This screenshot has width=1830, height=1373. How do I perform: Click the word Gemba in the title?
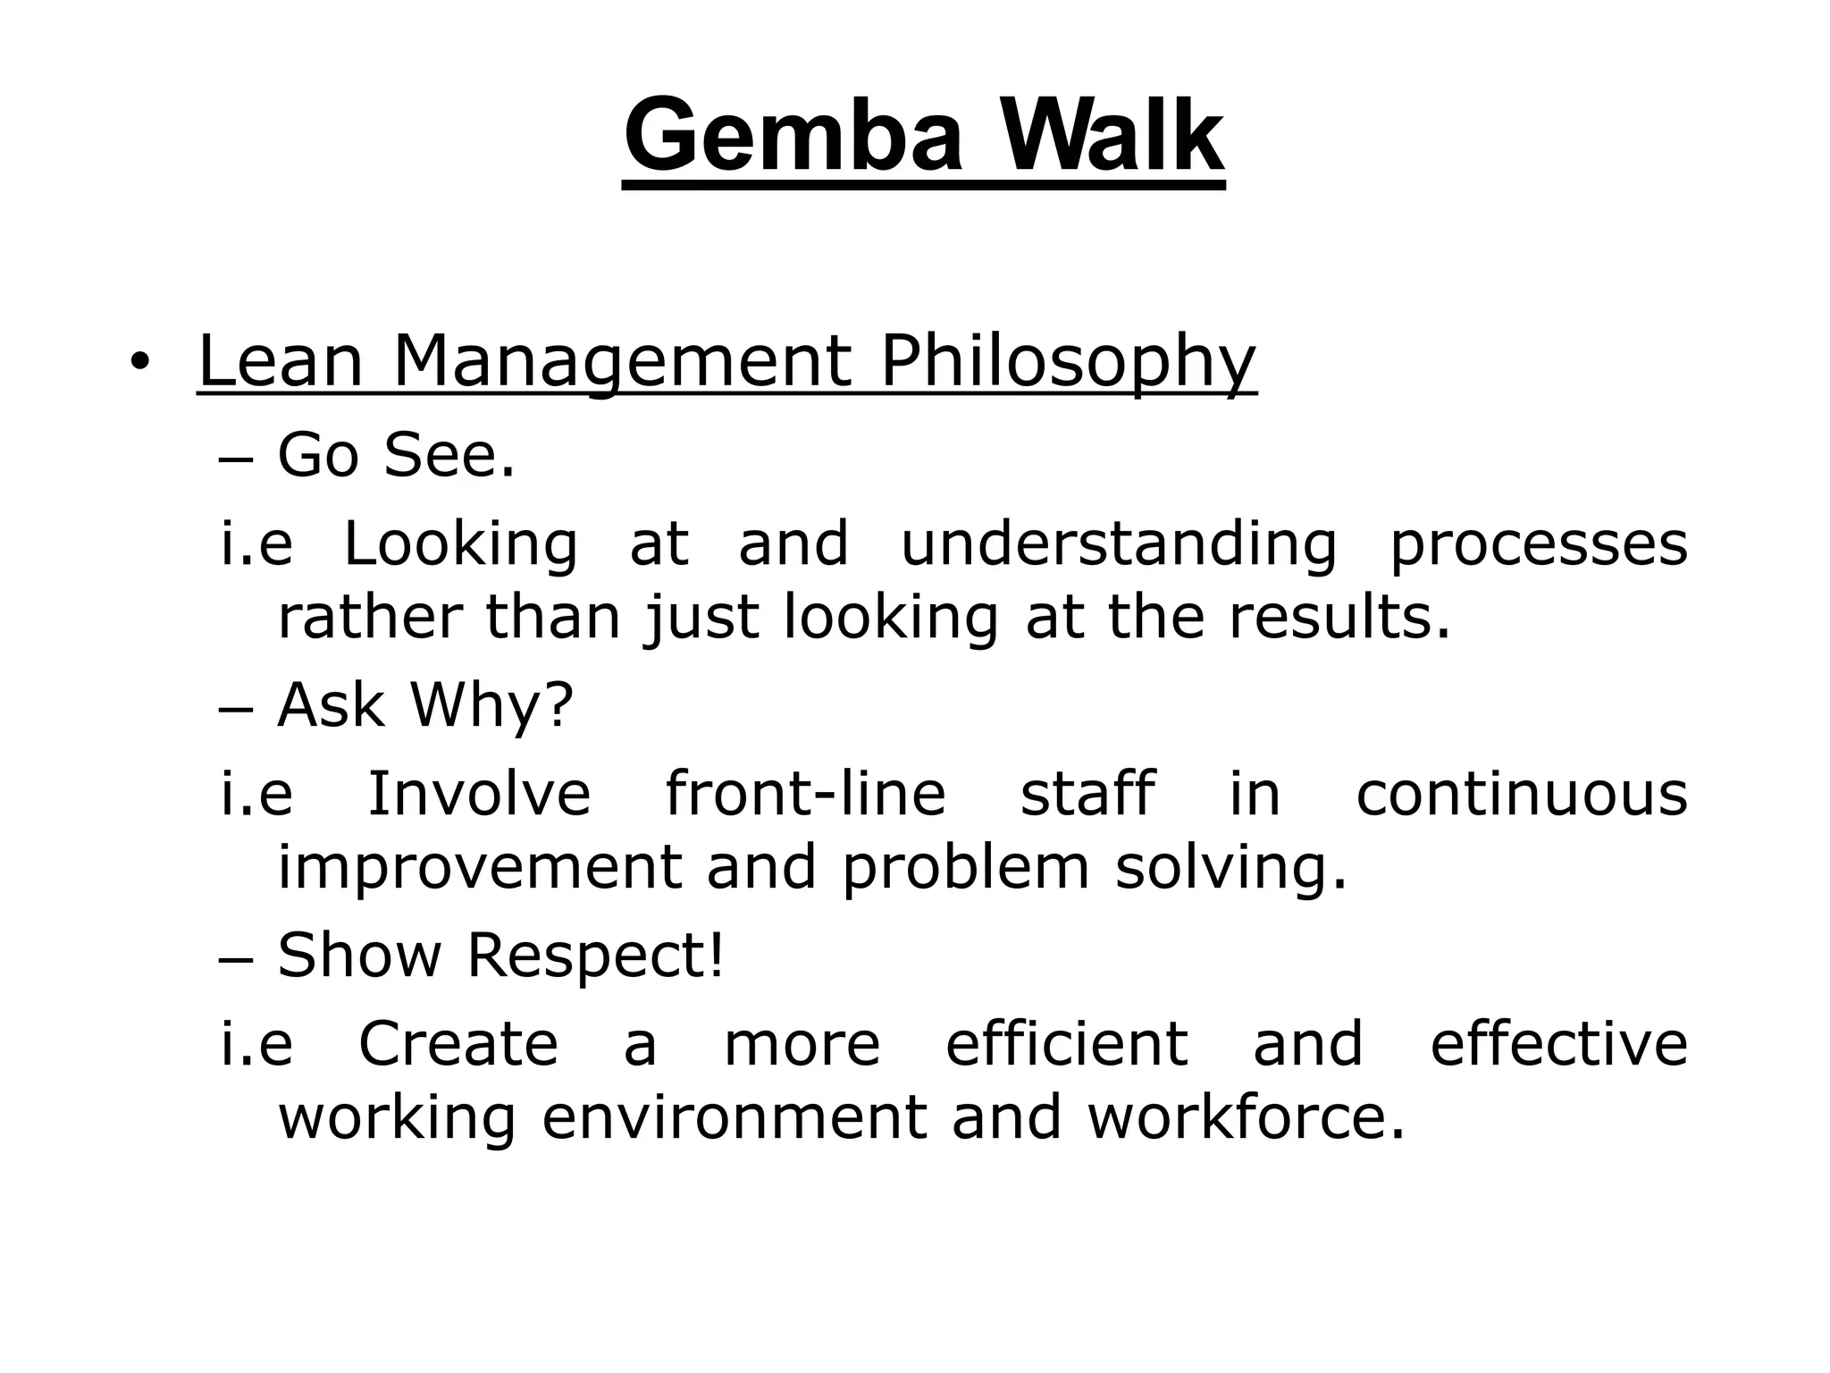[794, 136]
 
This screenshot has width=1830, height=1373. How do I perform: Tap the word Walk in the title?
[1111, 136]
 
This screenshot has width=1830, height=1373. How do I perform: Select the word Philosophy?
[1068, 362]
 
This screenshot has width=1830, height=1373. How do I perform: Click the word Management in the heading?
[622, 362]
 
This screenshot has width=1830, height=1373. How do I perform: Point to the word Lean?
[280, 362]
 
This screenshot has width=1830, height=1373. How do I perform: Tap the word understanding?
[1118, 543]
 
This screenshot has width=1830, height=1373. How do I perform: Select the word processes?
[1539, 543]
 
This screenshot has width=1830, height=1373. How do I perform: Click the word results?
[1339, 617]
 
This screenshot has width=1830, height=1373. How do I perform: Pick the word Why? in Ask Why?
[491, 706]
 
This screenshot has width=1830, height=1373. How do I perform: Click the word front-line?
[805, 794]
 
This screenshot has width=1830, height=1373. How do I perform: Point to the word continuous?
[1522, 794]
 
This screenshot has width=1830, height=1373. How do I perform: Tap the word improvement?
[480, 867]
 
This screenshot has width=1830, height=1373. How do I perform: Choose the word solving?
[1230, 867]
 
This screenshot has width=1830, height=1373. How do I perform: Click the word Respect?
[595, 955]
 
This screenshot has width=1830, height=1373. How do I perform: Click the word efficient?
[1066, 1043]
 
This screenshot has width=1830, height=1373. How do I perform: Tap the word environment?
[735, 1117]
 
